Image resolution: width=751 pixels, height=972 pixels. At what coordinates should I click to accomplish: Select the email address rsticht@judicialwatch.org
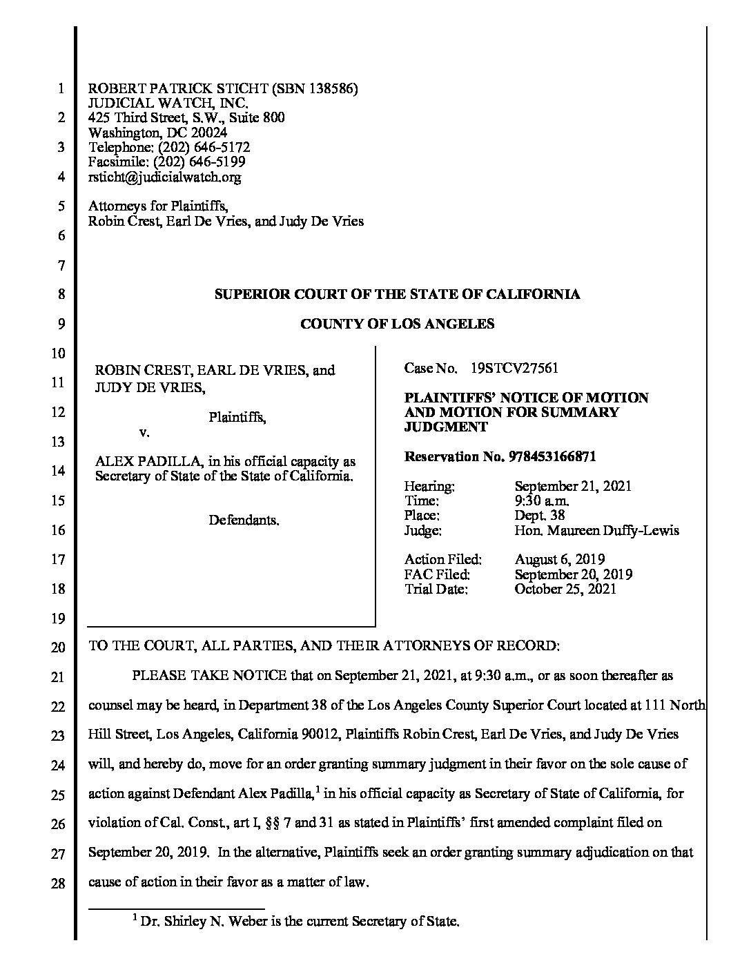coord(165,177)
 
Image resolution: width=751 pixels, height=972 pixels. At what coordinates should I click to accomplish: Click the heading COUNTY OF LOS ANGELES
coord(397,324)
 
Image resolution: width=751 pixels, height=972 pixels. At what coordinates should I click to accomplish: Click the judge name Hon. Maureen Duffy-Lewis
coord(596,531)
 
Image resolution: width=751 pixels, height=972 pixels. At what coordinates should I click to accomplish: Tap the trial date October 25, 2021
coord(565,589)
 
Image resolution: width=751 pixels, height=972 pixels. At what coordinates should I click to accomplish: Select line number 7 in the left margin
coord(61,266)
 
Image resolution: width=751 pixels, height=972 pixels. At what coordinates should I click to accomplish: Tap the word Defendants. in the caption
coord(244,521)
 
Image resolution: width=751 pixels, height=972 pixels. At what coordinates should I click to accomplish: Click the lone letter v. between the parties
coord(144,432)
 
